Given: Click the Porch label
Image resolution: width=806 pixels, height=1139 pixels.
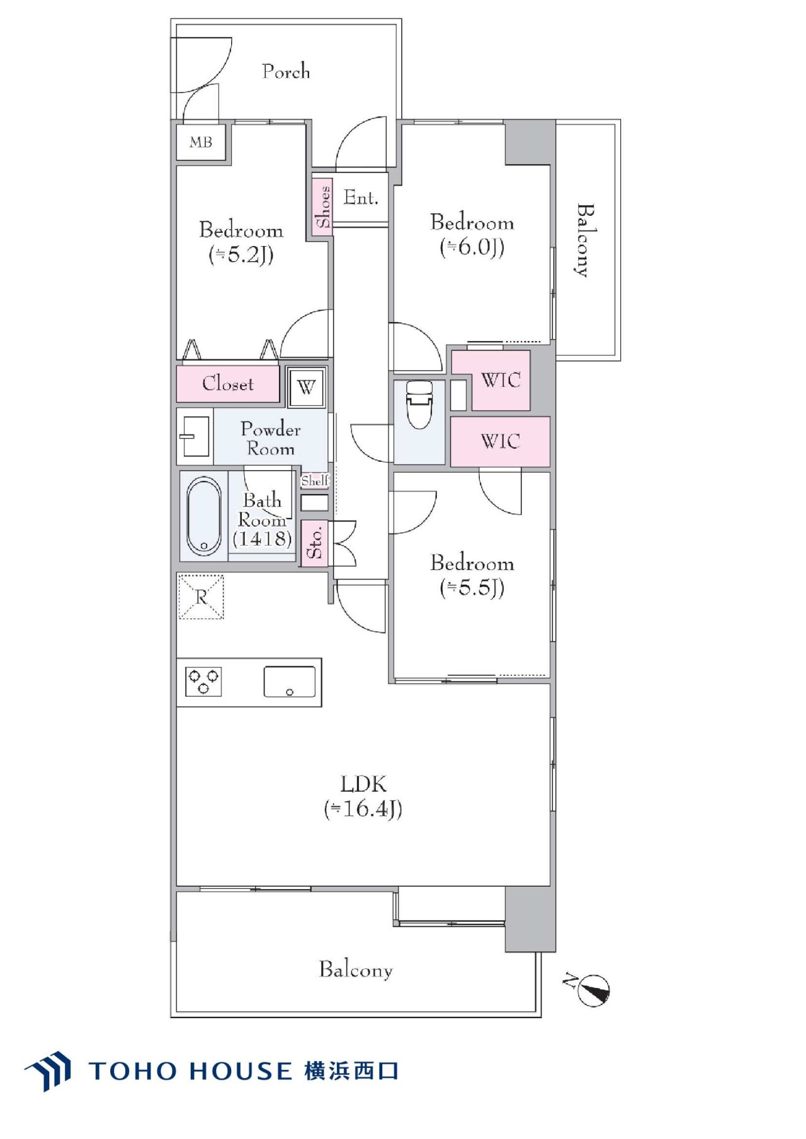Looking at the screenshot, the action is pos(286,71).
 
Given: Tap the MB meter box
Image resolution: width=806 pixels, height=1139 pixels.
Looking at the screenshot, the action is pos(201,143).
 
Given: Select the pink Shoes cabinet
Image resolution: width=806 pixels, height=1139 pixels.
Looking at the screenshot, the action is pos(322,206).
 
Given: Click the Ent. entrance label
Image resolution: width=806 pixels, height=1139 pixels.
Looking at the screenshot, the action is pos(361,198).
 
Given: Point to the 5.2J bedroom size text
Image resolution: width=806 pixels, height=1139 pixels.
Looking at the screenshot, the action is pos(241,254).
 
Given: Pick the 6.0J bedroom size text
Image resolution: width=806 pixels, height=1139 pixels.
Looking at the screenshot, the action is pos(472,247).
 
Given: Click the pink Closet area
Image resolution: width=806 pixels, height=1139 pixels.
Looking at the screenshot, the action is pos(228,384).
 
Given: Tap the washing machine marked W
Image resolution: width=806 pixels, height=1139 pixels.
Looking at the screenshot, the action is pos(307,387).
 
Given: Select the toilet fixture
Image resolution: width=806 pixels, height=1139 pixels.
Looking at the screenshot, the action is pos(420,404).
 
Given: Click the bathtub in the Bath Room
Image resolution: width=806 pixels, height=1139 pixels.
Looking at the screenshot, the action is pos(204,516).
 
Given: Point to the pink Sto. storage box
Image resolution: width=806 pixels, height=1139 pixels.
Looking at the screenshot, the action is pos(315,543).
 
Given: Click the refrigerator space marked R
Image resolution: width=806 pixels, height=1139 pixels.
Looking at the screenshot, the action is pos(201,596).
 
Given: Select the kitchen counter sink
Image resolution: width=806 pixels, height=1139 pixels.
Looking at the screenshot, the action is pos(290,682).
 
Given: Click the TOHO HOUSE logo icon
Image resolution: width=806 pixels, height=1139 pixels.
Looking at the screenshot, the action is pos(48,1070).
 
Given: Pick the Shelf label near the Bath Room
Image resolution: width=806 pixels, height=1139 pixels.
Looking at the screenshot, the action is pos(315,481).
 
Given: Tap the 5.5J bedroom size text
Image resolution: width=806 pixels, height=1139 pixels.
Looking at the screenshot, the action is pos(472,588).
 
